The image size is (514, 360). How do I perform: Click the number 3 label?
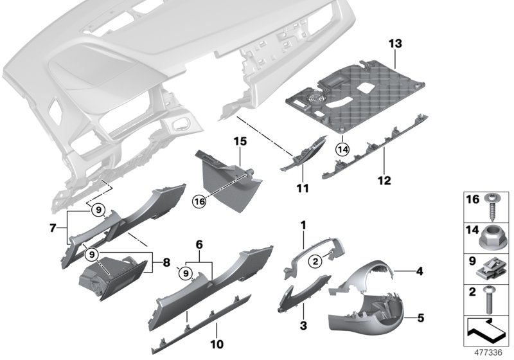[x=302, y=326]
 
